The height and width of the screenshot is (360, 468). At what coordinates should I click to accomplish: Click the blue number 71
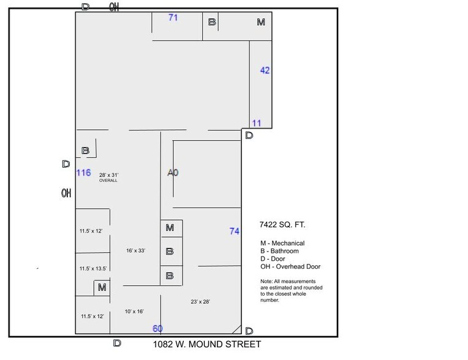coord(173,18)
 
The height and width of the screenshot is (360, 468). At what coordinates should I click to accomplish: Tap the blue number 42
coord(265,70)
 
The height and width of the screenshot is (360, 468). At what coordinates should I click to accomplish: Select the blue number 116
coord(83,173)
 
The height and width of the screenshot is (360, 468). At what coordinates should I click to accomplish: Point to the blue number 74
coord(234,231)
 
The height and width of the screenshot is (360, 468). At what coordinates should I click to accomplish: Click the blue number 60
coord(157,329)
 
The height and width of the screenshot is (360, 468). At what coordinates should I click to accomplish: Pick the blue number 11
coord(257,123)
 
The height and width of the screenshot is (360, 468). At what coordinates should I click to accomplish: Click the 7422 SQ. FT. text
coord(282,225)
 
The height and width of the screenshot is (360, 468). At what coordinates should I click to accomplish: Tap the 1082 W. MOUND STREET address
coord(206,344)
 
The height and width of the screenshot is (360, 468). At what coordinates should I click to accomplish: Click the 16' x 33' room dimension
coord(135,250)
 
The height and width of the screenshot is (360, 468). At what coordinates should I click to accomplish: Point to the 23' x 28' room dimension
coord(200,302)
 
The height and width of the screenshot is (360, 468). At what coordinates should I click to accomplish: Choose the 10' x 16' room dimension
coord(134,312)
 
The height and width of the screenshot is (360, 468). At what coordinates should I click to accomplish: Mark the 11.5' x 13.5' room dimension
coord(92,269)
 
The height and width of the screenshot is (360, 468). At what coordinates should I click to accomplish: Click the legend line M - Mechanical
coord(282,243)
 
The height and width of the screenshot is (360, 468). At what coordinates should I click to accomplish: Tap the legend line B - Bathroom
coord(279,251)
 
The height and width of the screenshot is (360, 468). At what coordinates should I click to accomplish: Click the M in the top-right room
coord(261,22)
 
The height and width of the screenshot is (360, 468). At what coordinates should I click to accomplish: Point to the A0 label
coord(173,173)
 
